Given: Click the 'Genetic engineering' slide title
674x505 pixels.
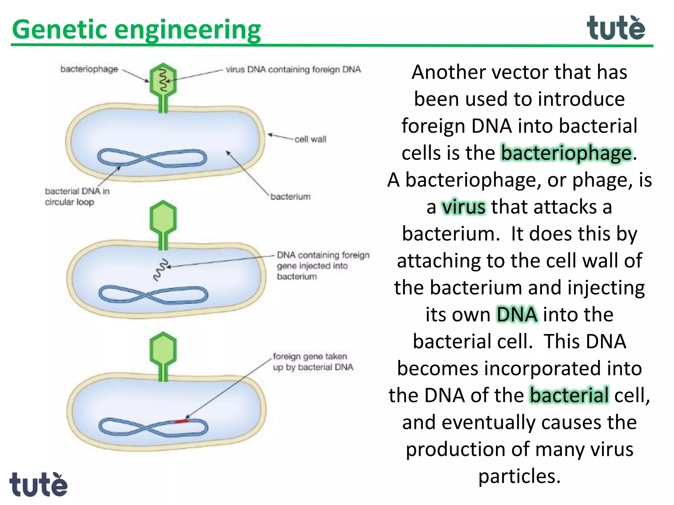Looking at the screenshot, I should click(136, 30).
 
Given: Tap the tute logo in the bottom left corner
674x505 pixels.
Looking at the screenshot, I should click(38, 485).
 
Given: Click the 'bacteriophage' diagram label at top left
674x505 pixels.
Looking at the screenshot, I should click(89, 69).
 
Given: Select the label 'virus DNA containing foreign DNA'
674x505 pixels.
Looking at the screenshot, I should click(293, 69).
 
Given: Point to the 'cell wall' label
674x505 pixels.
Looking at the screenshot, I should click(310, 139).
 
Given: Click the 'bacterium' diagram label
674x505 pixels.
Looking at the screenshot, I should click(290, 197).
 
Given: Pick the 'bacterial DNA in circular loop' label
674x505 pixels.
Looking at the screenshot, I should click(77, 197).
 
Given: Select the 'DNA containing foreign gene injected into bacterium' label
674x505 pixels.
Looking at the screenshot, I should click(323, 266).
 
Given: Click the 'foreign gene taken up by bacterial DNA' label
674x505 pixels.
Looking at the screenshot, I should click(313, 362).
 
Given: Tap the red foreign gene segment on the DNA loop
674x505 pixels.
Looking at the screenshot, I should click(181, 421).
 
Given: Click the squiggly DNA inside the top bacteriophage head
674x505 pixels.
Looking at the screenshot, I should click(163, 80).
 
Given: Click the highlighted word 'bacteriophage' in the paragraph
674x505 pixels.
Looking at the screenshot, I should click(566, 153).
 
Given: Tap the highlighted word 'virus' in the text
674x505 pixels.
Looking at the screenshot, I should click(463, 207).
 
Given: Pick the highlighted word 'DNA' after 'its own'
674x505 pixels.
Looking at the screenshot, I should click(517, 315).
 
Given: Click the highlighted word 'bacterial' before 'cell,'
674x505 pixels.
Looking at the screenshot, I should click(569, 395).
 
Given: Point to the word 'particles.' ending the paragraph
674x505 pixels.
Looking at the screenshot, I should click(519, 476).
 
